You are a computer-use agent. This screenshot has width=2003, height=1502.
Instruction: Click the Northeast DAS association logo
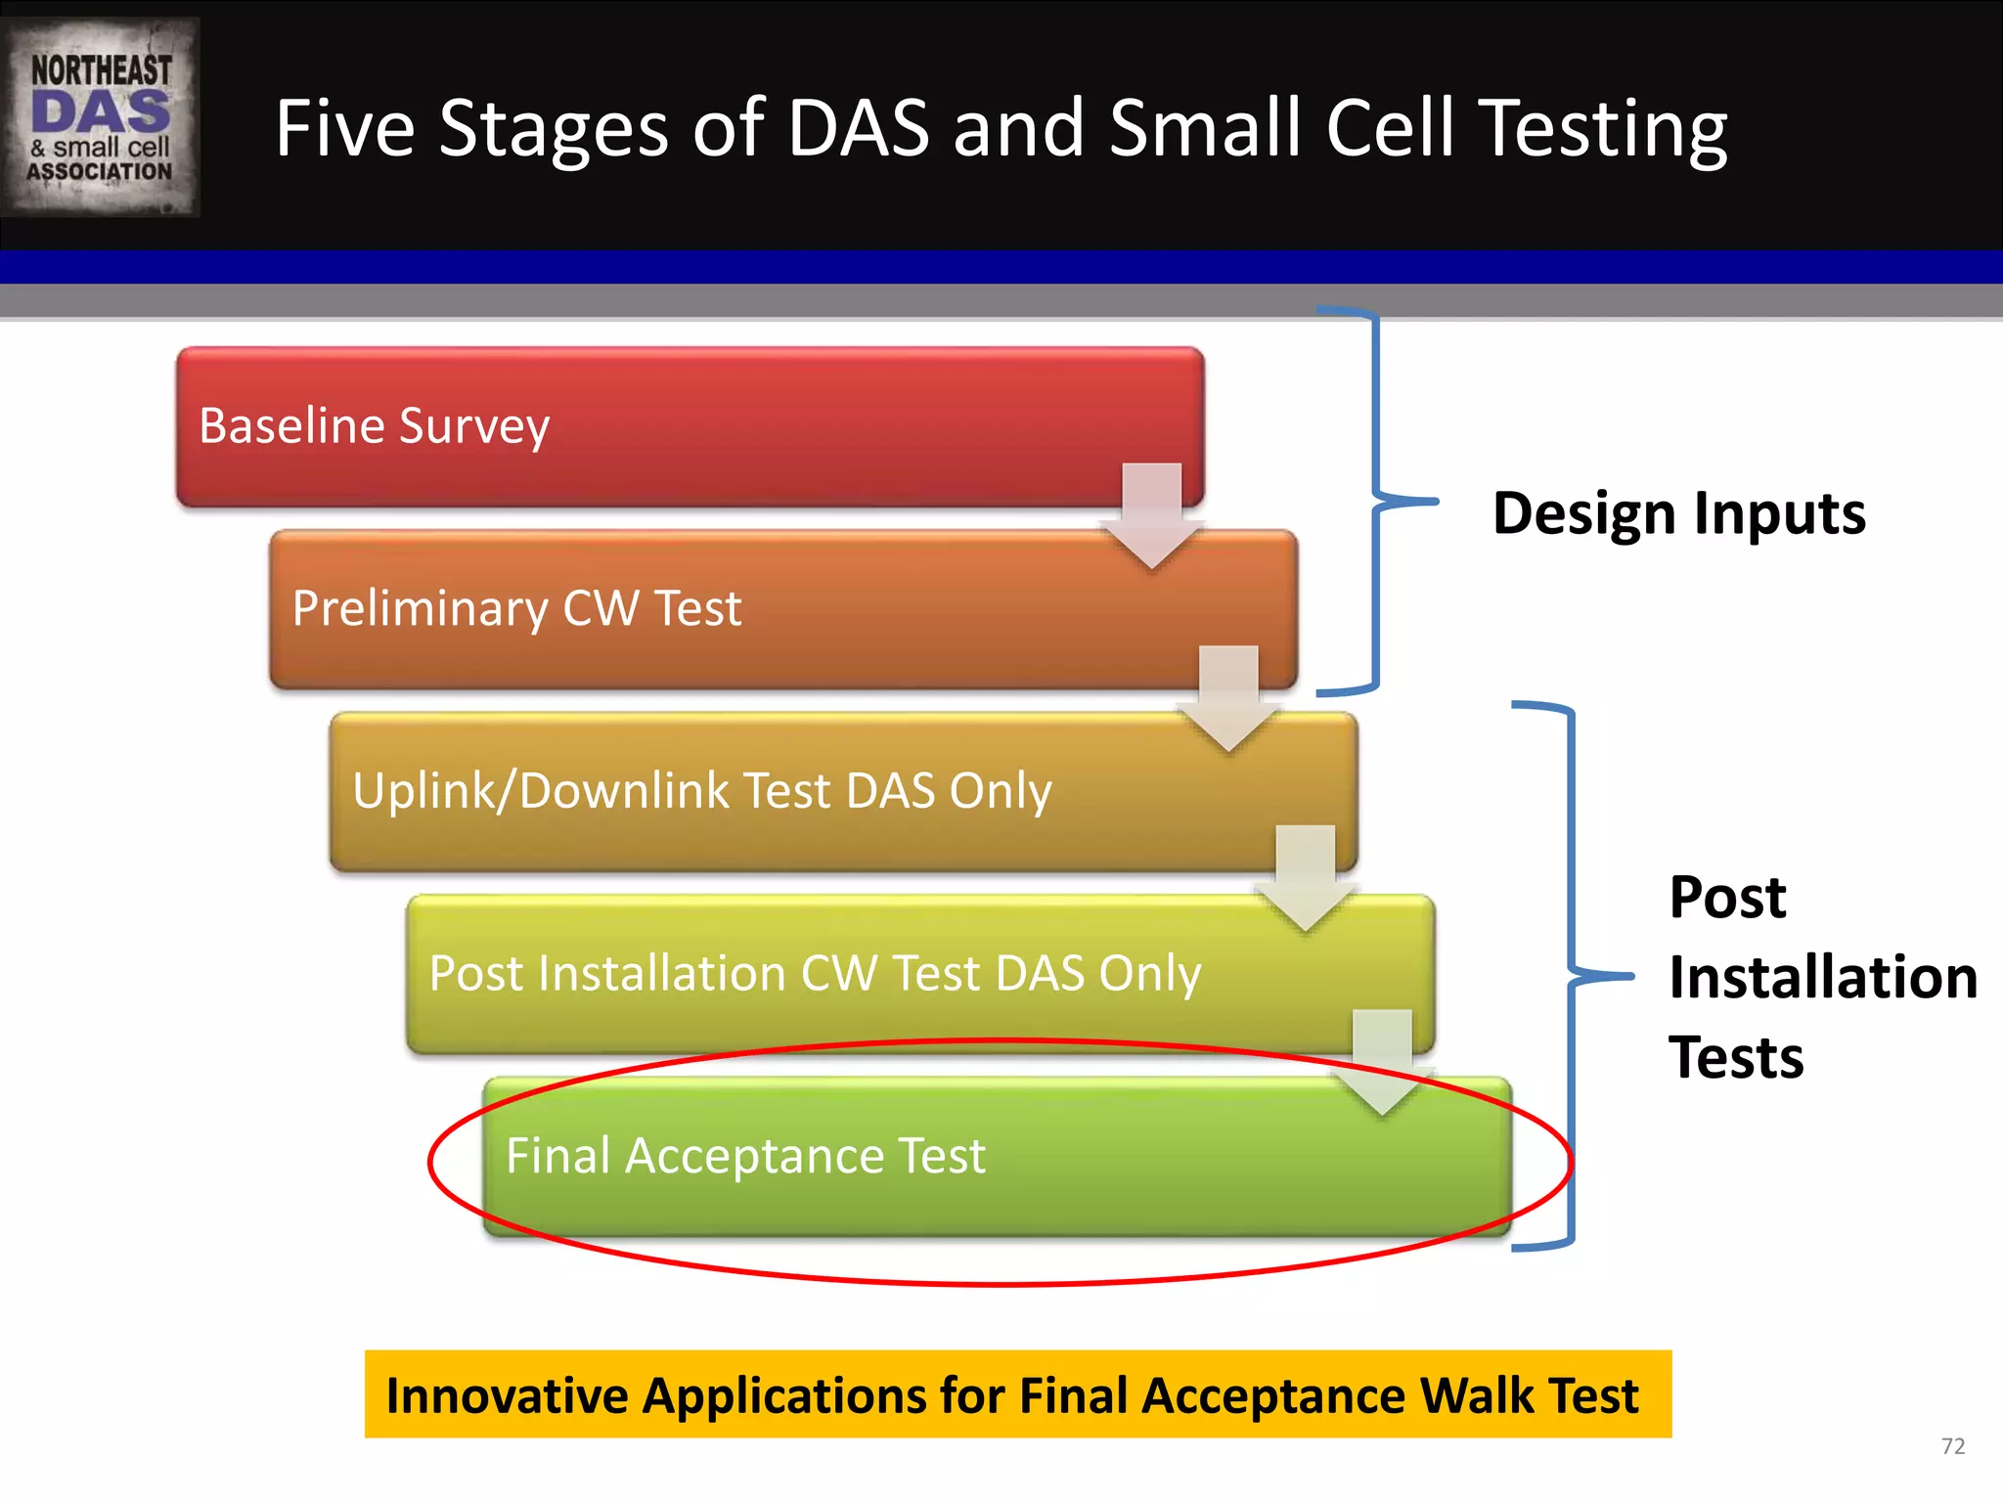pyautogui.click(x=100, y=116)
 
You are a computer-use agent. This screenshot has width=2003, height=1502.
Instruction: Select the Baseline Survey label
pyautogui.click(x=374, y=426)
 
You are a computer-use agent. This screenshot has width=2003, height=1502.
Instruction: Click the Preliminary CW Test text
pyautogui.click(x=516, y=608)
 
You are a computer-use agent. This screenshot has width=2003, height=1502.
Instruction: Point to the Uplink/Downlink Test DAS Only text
pyautogui.click(x=701, y=790)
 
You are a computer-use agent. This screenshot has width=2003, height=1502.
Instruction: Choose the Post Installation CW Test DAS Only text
pyautogui.click(x=815, y=973)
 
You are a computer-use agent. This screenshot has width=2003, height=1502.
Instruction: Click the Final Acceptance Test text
pyautogui.click(x=745, y=1156)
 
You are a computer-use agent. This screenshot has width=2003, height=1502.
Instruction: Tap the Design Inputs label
pyautogui.click(x=1678, y=513)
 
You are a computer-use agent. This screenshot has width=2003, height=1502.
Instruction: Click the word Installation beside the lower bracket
pyautogui.click(x=1823, y=977)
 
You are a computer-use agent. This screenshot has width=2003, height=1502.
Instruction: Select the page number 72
pyautogui.click(x=1952, y=1446)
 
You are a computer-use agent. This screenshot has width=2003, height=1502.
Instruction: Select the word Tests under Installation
pyautogui.click(x=1736, y=1058)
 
